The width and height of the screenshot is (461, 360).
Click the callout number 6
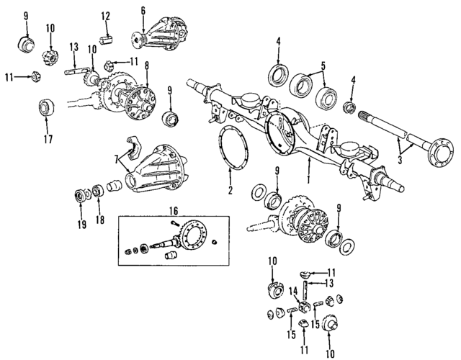[x=143, y=10]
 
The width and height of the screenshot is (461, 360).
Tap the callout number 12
[x=105, y=15]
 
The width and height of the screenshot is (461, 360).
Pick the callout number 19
[x=81, y=224]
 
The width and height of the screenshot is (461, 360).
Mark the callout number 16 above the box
[x=173, y=210]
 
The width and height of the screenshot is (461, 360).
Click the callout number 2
[x=230, y=191]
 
